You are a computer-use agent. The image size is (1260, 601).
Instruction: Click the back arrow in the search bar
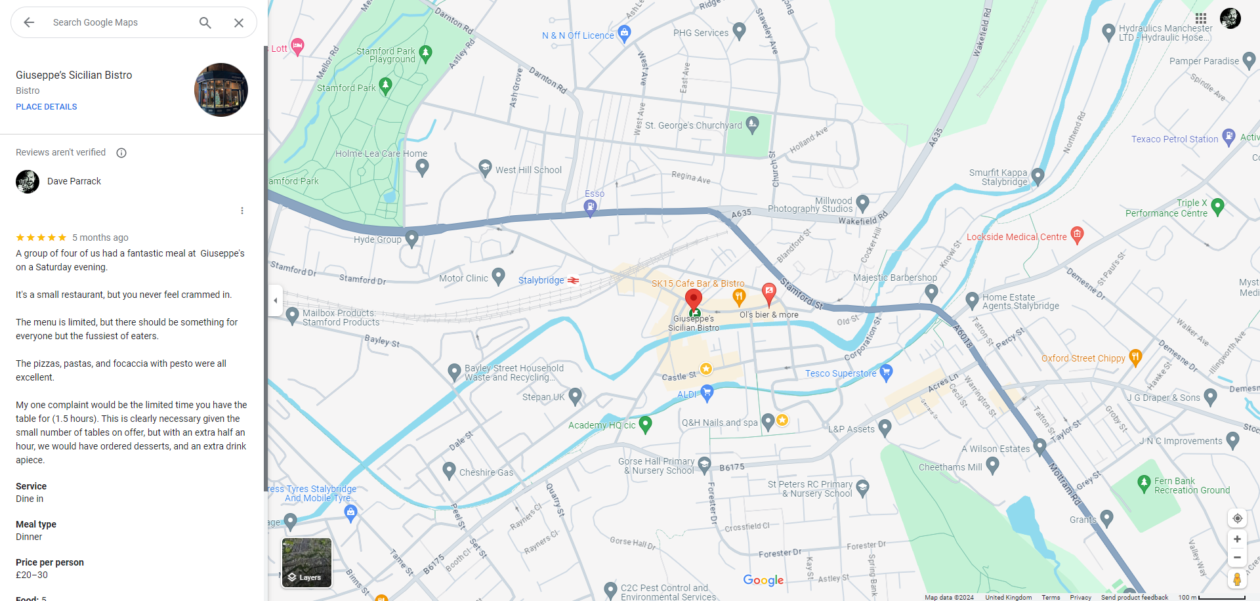(x=29, y=22)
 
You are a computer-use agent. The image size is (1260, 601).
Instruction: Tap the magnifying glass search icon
(x=205, y=22)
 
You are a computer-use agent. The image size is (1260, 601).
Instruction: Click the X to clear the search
(x=239, y=22)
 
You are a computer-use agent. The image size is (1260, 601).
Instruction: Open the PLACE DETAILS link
(x=47, y=107)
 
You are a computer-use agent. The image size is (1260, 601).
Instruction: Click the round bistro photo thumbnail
(x=221, y=90)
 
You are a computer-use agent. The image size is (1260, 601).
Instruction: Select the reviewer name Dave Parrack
(x=74, y=181)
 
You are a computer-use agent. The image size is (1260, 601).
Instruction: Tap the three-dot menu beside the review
(x=242, y=211)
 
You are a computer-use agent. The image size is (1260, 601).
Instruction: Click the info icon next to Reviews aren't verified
(x=121, y=153)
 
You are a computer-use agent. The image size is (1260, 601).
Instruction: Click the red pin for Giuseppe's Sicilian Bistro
(x=693, y=299)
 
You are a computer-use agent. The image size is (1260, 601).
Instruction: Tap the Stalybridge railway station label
(x=541, y=280)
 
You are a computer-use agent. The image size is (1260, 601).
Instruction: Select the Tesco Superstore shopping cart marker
(x=886, y=373)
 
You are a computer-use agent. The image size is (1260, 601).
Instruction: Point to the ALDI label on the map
(x=687, y=394)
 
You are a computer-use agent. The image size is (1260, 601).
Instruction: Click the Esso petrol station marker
(x=591, y=207)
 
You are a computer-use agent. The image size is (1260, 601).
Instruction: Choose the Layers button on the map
(x=306, y=562)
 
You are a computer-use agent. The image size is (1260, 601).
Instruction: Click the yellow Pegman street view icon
(x=1237, y=579)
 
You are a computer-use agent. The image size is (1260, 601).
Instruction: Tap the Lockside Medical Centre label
(x=1017, y=237)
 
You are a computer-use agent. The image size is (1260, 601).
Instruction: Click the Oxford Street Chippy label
(x=1083, y=358)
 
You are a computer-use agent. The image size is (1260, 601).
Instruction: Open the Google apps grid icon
(x=1201, y=18)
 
